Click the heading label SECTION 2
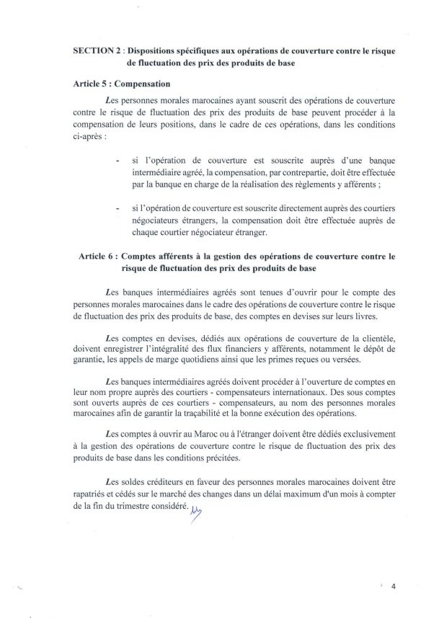click(x=99, y=53)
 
